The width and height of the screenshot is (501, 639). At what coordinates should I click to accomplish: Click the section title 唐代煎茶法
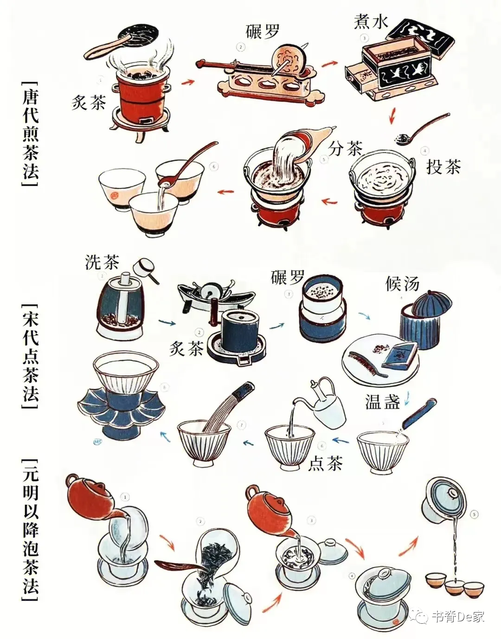point(31,133)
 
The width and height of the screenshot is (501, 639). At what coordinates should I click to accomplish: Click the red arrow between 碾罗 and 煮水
point(329,64)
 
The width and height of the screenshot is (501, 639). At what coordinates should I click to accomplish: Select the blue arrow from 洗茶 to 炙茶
point(167,323)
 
